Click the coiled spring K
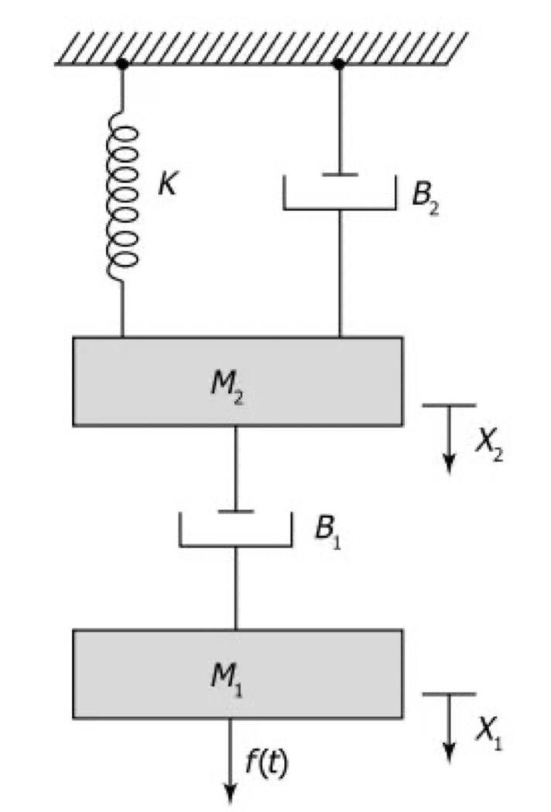(123, 198)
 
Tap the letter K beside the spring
(166, 187)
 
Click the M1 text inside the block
(231, 676)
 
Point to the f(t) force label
(268, 763)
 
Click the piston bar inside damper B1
(235, 511)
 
